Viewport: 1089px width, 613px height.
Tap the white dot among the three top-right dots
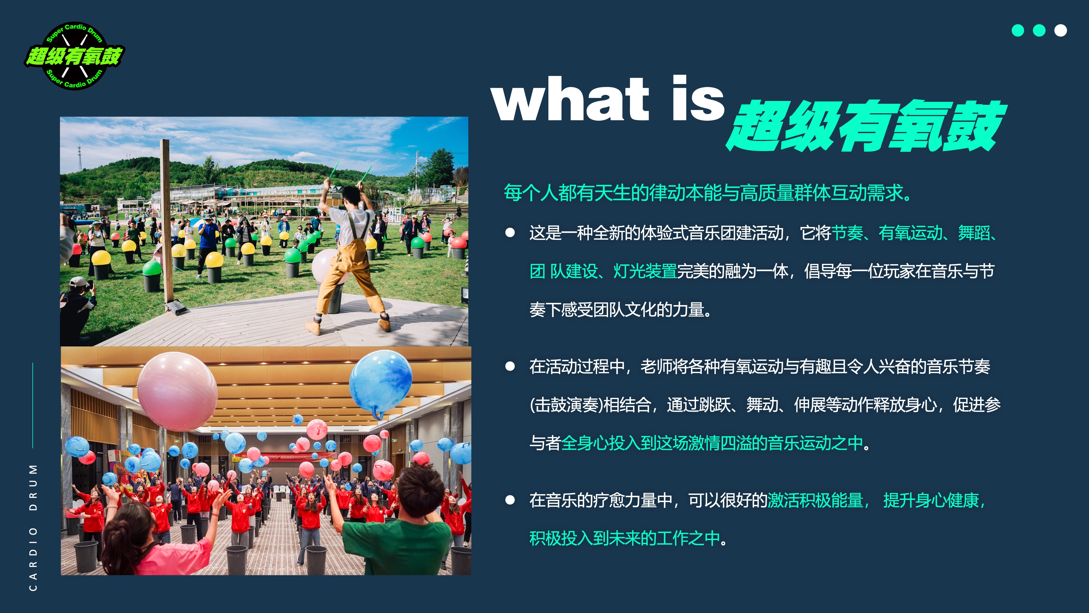point(1060,31)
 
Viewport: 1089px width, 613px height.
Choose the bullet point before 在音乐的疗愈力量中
point(510,500)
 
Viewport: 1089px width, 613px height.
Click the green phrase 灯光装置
point(645,271)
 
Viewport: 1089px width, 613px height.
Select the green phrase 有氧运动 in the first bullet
point(911,233)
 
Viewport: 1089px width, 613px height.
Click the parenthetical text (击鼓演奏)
point(566,405)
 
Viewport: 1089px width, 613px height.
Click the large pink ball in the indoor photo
point(178,391)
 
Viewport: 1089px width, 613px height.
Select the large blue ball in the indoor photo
point(381,384)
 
